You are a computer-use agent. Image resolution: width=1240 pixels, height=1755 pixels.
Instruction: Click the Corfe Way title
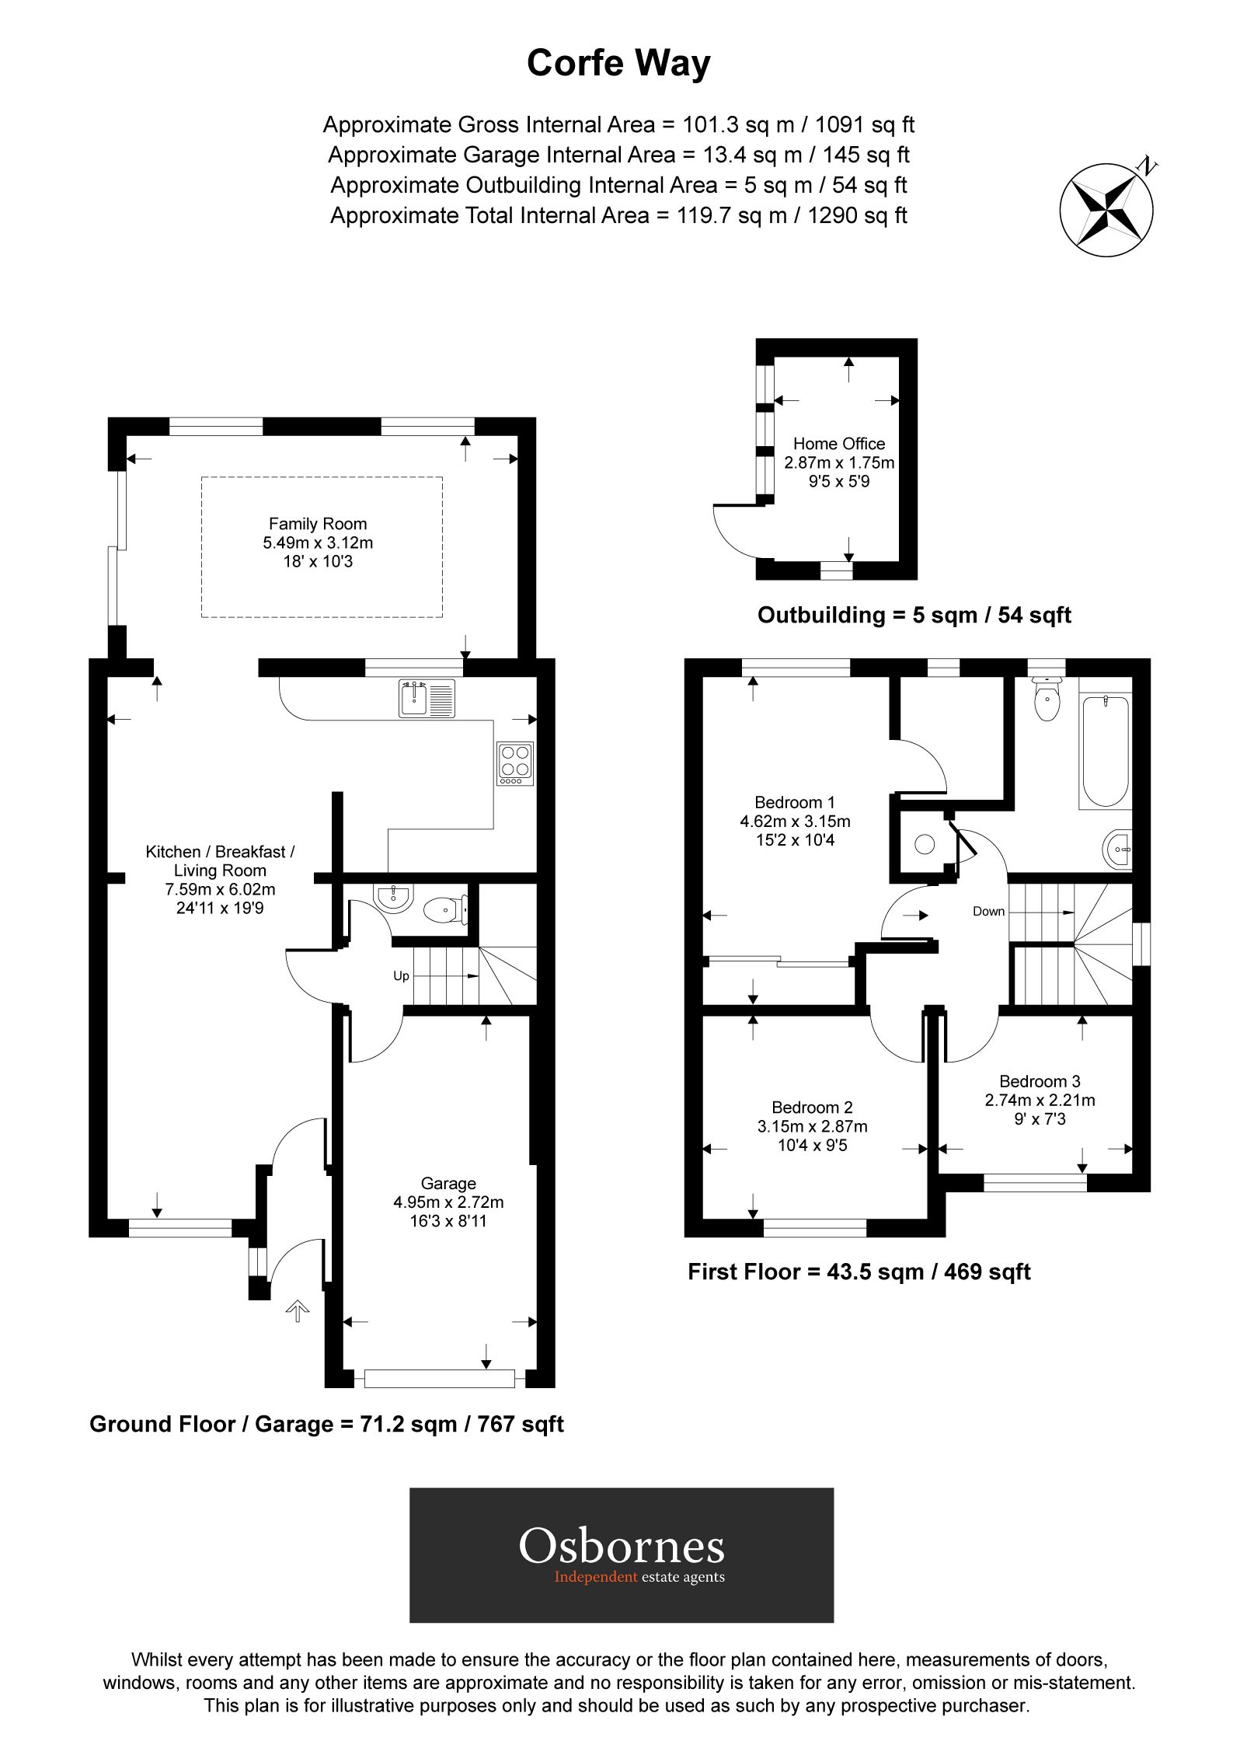(618, 64)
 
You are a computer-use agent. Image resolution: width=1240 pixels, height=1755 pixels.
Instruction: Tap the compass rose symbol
(1106, 210)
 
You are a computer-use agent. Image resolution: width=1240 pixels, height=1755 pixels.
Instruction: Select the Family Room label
(318, 524)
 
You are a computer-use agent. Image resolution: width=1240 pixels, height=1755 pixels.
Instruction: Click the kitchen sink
(427, 697)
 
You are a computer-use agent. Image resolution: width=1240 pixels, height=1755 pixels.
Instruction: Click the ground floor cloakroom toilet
(446, 908)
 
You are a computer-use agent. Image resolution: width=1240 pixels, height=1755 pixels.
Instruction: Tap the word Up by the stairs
(401, 976)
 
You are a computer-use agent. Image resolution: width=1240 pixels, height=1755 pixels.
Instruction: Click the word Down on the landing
(988, 911)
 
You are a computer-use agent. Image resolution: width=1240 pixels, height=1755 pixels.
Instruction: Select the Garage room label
(448, 1183)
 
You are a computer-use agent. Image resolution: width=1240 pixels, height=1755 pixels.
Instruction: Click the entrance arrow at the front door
(298, 1312)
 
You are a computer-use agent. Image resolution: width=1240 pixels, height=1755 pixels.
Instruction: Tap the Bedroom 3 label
(1040, 1081)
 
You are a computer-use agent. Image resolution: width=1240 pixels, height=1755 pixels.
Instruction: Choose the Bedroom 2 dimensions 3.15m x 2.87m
(812, 1126)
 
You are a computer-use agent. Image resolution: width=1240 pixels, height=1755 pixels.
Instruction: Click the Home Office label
(838, 444)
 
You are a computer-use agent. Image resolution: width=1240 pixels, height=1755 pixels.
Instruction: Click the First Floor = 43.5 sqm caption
(859, 1272)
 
